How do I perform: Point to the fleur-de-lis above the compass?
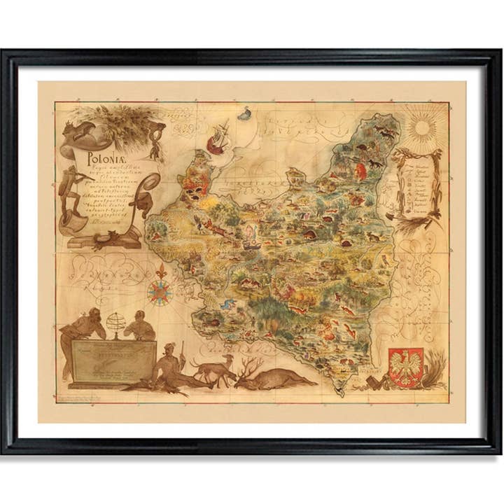coord(161,270)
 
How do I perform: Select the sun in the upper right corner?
coord(422,128)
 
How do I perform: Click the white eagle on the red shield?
coord(405,365)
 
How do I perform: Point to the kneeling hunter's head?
coord(168,348)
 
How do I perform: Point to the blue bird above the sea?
coord(245,113)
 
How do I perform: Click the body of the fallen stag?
coord(280,380)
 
